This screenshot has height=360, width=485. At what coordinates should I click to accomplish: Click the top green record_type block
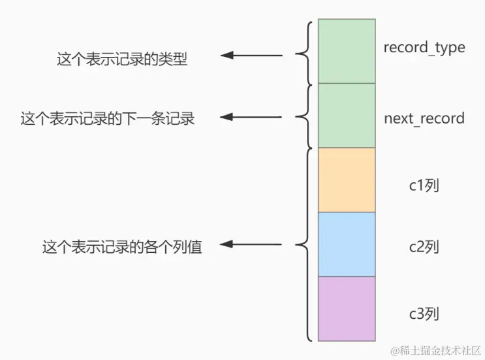click(x=346, y=51)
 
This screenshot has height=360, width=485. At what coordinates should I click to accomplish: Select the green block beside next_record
click(x=346, y=116)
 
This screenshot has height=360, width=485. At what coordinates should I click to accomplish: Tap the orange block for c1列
click(x=346, y=180)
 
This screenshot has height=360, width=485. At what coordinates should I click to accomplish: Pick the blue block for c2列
click(x=346, y=244)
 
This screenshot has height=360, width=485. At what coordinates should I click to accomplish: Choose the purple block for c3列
click(x=346, y=308)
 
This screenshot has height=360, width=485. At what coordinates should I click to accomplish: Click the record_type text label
click(x=424, y=48)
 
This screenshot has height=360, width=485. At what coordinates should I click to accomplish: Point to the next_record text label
click(x=424, y=119)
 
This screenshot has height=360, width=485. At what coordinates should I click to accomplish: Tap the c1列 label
click(x=423, y=185)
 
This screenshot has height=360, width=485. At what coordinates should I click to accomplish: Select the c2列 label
click(x=423, y=248)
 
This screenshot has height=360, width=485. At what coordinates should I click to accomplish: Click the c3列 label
click(x=423, y=314)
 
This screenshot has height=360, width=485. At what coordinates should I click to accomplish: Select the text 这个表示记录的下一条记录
click(x=108, y=119)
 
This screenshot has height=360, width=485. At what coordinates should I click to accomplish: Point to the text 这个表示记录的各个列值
click(x=122, y=248)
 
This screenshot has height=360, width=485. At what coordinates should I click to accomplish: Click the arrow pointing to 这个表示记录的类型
click(x=252, y=56)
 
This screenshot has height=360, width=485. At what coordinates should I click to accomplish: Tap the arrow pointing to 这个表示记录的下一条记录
click(x=252, y=118)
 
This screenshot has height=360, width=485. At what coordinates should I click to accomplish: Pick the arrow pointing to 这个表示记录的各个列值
click(x=252, y=246)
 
